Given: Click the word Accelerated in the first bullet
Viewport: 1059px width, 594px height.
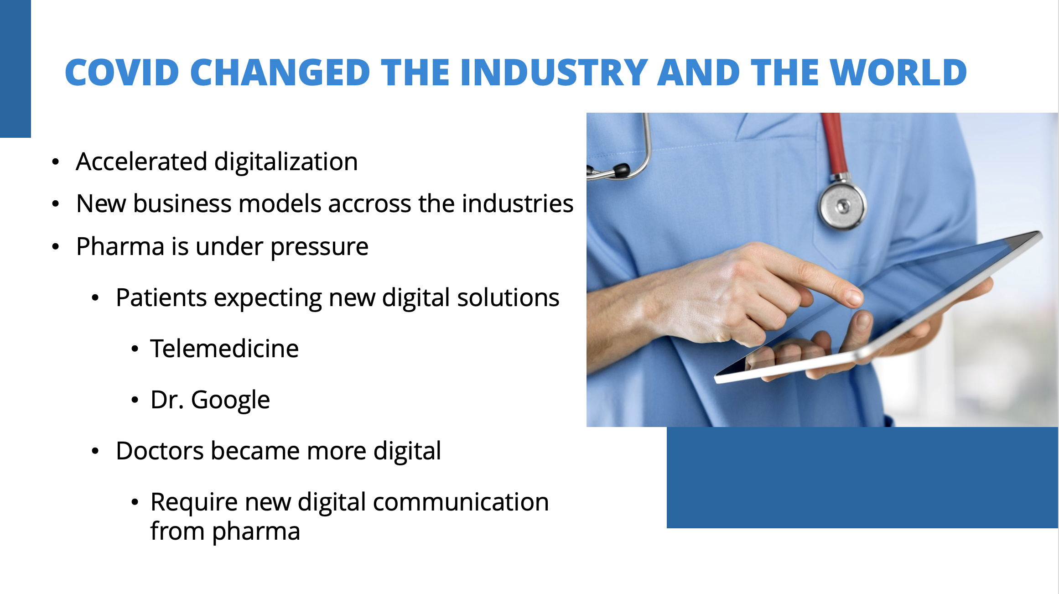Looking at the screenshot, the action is tap(142, 162).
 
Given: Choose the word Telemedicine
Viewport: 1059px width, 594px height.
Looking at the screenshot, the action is tap(224, 349).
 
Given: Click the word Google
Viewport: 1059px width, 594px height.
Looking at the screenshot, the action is tap(230, 401).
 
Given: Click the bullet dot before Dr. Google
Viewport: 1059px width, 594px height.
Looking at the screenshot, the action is tap(135, 400).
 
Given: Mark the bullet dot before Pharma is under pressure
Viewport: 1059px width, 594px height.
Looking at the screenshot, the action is tap(56, 247).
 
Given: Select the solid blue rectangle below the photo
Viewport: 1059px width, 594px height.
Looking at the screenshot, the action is tap(862, 478).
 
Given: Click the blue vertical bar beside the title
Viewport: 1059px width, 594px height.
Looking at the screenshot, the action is tap(16, 68).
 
